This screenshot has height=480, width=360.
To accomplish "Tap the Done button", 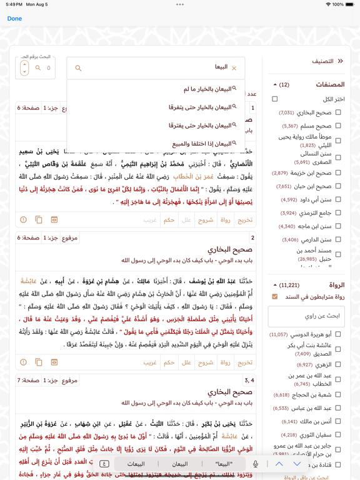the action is (x=14, y=19).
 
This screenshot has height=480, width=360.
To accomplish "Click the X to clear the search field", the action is (x=234, y=68).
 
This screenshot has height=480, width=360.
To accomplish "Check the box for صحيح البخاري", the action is (x=338, y=112).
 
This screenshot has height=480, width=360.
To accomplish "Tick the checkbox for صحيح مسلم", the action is (x=338, y=126).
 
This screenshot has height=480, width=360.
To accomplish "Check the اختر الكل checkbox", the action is (x=275, y=99).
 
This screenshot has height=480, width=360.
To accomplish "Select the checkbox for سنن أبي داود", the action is (x=338, y=199).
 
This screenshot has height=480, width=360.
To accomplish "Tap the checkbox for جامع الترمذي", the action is (x=338, y=213).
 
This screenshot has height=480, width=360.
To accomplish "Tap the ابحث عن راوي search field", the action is (x=306, y=316).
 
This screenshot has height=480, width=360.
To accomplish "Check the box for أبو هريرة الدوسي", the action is (x=338, y=334).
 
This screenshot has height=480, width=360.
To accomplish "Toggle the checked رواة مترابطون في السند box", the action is (x=275, y=297).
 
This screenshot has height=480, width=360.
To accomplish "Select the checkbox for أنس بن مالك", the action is (x=338, y=422).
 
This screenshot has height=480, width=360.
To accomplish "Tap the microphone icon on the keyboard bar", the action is (x=255, y=464).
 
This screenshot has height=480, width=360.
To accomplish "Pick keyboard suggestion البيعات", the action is (x=136, y=464).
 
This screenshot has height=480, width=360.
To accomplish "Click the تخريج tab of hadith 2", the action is (x=245, y=362).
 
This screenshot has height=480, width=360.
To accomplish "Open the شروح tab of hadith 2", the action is (x=206, y=362).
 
